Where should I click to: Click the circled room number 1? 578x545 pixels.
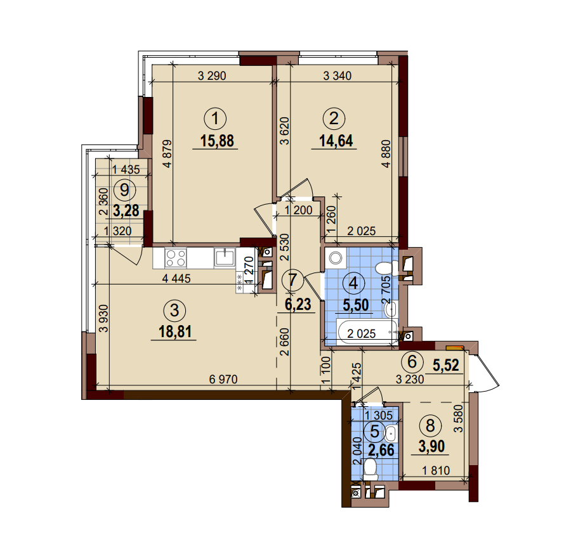(218, 118)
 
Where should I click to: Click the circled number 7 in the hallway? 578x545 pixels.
(291, 279)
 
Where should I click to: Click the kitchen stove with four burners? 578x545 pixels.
(176, 257)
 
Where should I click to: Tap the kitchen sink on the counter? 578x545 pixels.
(225, 257)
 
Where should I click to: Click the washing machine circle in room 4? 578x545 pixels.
(335, 257)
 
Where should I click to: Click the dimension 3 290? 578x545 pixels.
(212, 77)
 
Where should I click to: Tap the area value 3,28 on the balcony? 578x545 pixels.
(126, 209)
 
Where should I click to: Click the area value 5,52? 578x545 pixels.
(445, 365)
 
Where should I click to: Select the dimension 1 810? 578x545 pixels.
(437, 471)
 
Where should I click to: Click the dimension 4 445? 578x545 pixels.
(176, 278)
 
